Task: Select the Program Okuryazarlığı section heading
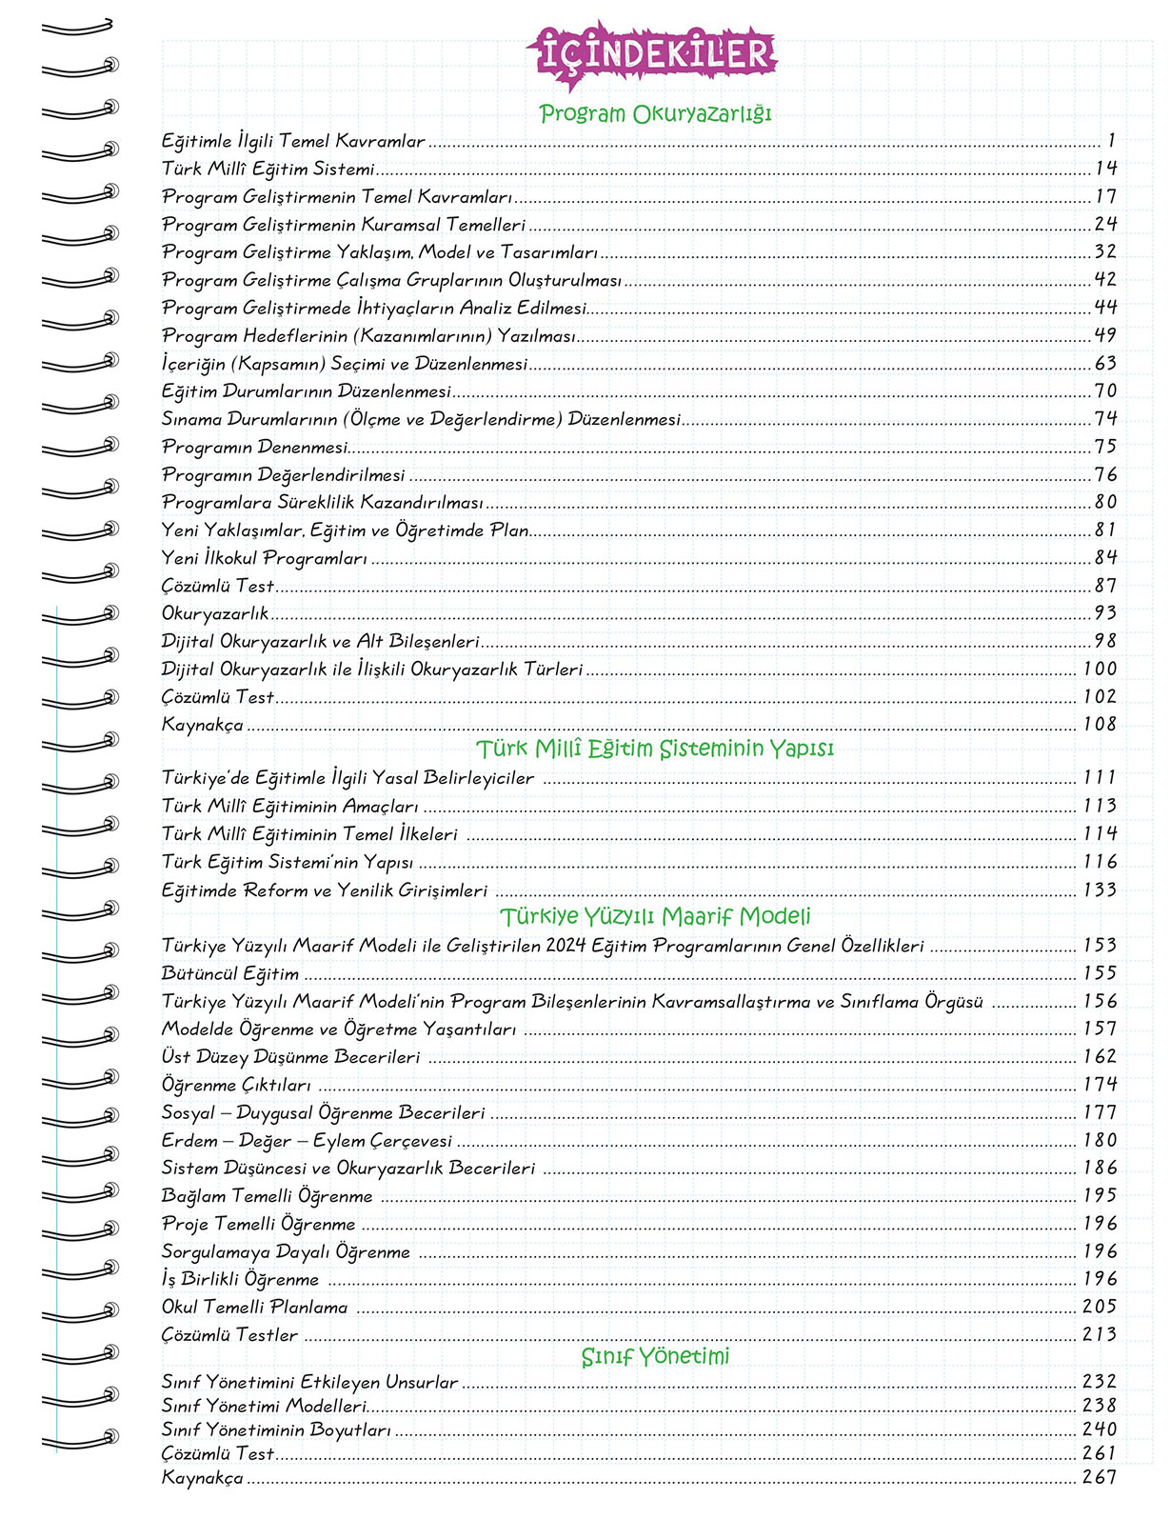[x=655, y=113]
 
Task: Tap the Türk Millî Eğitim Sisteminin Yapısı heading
[x=655, y=749]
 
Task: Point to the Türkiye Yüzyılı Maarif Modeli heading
[x=655, y=916]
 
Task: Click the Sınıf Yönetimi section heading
[x=655, y=1356]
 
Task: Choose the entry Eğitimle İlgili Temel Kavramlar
[x=293, y=141]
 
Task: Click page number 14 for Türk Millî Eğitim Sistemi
[x=1104, y=169]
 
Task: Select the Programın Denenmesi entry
[x=254, y=447]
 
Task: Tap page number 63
[x=1104, y=363]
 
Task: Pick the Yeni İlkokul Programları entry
[x=264, y=558]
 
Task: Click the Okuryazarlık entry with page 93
[x=215, y=613]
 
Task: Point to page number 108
[x=1100, y=724]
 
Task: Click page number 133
[x=1100, y=889]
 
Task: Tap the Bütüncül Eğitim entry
[x=229, y=973]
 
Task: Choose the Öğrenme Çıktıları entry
[x=236, y=1085]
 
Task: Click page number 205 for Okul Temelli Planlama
[x=1100, y=1307]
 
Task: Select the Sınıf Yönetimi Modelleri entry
[x=264, y=1406]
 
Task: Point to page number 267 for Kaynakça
[x=1100, y=1477]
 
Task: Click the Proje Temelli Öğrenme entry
[x=258, y=1224]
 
